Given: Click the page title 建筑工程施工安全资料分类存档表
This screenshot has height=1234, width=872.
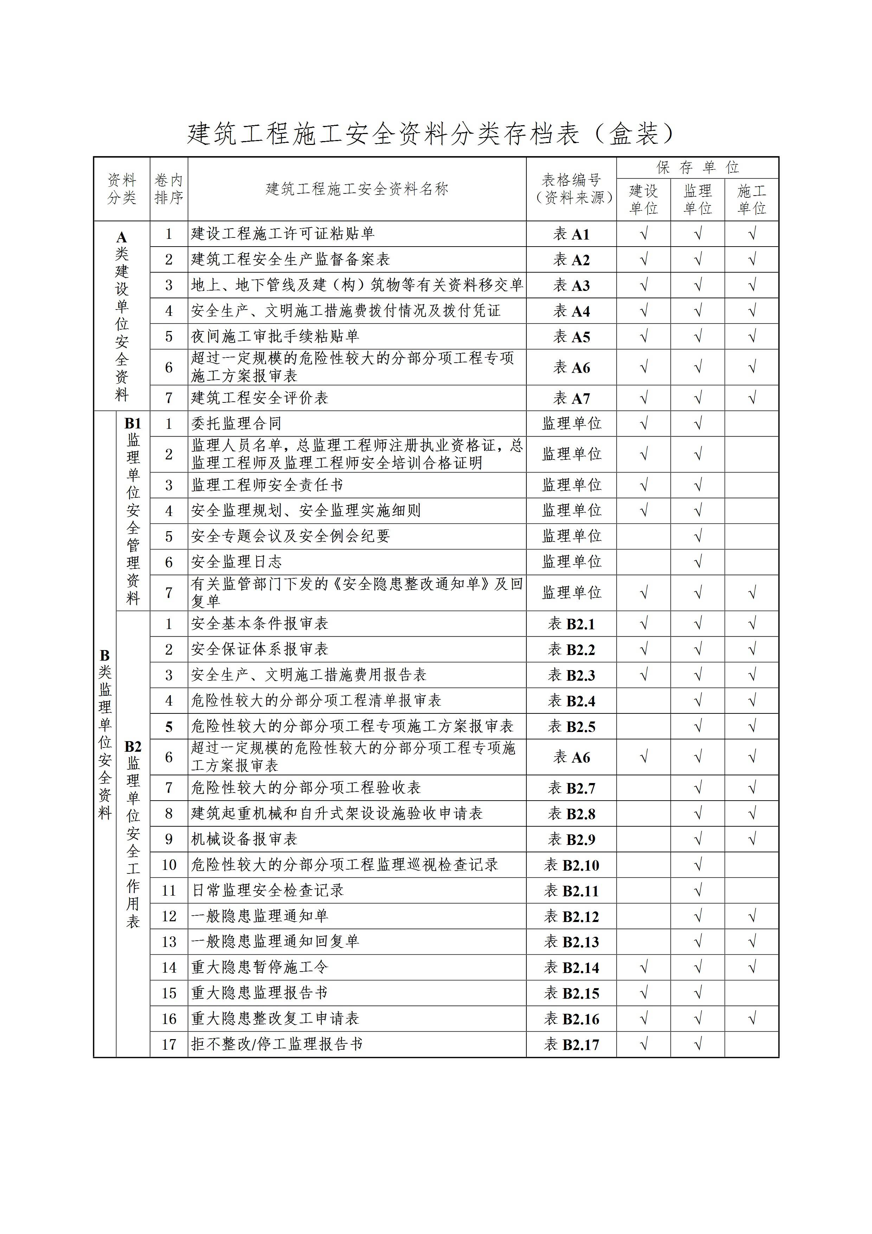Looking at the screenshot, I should pos(430,133).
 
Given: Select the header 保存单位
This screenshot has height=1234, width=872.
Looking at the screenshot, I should pos(697,168).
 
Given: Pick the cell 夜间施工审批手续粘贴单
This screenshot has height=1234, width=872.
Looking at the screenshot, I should pos(275,336).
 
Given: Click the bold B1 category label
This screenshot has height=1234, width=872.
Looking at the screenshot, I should pos(133,424).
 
